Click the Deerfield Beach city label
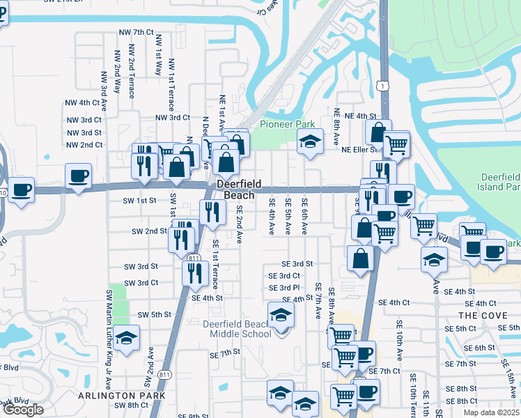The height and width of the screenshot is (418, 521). click(238, 189)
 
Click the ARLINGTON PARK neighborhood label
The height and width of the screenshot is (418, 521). click(121, 396)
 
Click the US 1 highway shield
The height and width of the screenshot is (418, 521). click(382, 85)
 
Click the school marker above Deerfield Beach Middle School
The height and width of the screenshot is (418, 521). click(281, 315)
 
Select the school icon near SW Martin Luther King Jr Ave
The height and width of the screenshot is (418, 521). click(126, 339)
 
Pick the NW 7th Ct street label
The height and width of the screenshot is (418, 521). click(136, 32)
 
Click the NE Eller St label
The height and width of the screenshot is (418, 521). click(359, 149)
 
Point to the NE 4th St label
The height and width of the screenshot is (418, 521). click(359, 116)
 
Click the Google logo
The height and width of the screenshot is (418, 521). click(22, 410)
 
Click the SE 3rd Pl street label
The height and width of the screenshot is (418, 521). click(284, 288)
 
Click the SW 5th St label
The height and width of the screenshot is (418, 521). click(154, 315)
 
